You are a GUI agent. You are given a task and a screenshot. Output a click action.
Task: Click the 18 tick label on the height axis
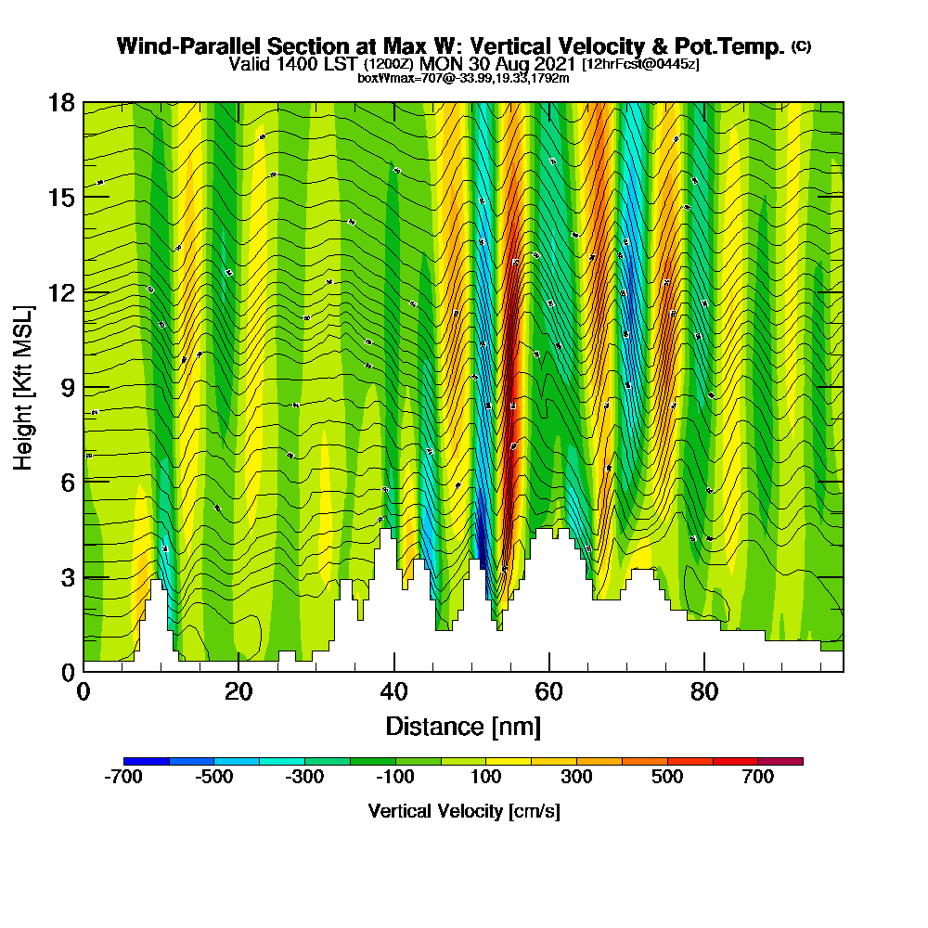tap(62, 102)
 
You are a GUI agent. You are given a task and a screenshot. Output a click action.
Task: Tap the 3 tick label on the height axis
tap(68, 576)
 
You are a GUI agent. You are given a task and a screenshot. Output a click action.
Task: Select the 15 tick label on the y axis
tap(62, 197)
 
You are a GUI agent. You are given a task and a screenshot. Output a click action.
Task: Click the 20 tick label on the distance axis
tap(238, 691)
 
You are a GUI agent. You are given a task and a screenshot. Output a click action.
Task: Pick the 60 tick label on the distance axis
tap(549, 691)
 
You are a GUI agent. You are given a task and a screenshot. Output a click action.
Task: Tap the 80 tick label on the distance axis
tap(705, 691)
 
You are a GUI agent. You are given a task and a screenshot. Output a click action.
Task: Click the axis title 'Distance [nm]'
tap(463, 726)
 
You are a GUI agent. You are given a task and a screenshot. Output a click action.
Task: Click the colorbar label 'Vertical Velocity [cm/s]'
tap(464, 811)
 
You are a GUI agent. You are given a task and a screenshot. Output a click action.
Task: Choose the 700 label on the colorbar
tap(758, 778)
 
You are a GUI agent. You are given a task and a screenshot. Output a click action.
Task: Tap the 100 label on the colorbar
tap(486, 778)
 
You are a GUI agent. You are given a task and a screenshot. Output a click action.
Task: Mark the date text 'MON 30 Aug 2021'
tap(498, 64)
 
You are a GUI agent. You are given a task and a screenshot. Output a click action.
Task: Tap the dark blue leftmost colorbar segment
tap(147, 761)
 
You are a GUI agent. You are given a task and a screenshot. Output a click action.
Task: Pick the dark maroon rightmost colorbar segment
tap(780, 761)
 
